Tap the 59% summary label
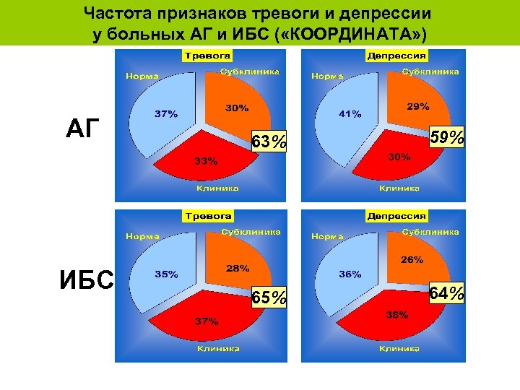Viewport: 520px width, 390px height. (x=446, y=136)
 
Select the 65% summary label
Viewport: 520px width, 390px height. (x=269, y=297)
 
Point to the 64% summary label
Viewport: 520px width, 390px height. (x=446, y=294)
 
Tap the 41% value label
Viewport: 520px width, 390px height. (x=351, y=113)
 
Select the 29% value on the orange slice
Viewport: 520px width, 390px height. (x=418, y=106)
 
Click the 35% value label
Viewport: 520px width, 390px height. (x=166, y=274)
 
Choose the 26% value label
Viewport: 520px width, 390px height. (x=412, y=260)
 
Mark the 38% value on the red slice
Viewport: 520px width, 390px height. (x=396, y=314)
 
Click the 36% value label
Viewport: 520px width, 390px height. (x=350, y=274)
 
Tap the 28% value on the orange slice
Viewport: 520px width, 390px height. (x=238, y=268)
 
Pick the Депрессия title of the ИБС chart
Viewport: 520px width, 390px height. (x=397, y=216)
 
